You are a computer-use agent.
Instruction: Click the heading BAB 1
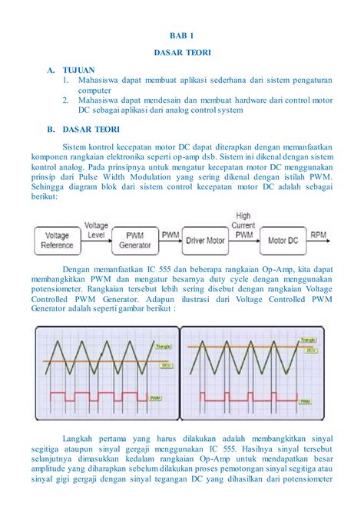coord(182,35)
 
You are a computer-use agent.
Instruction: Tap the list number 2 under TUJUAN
coord(66,100)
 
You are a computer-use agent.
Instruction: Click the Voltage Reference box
coord(58,240)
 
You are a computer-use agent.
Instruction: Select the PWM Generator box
coord(134,240)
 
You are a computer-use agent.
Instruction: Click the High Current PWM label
coord(243,225)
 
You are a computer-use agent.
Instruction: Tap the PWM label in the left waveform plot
coord(156,398)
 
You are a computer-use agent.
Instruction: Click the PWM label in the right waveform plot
coord(306,401)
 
